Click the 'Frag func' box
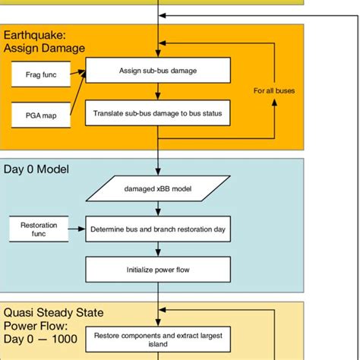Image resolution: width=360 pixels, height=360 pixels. click(38, 74)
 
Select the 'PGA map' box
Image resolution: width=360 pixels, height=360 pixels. click(38, 118)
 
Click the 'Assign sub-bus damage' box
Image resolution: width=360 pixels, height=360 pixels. click(157, 71)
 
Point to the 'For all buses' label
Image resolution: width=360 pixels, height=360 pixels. click(273, 90)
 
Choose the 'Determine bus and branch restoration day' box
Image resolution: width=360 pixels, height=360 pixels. click(157, 229)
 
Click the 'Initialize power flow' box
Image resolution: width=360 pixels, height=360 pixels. click(157, 269)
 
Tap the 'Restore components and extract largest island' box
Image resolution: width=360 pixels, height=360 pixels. click(157, 339)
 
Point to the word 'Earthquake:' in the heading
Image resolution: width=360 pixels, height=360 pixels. click(34, 35)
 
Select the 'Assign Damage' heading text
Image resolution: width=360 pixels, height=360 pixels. click(44, 48)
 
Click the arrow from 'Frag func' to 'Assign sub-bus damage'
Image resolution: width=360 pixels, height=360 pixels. click(76, 74)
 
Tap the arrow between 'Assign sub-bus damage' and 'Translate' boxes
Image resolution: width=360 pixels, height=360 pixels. click(157, 92)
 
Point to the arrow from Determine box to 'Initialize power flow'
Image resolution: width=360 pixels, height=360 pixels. click(157, 249)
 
